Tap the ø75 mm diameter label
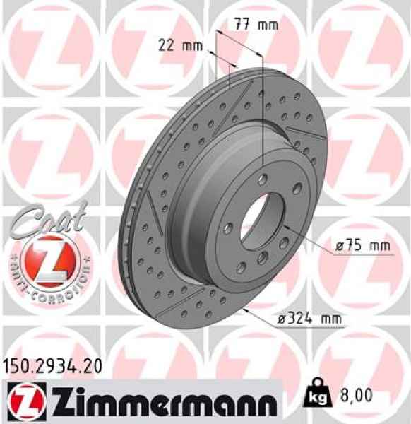[x=363, y=245]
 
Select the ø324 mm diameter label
[x=308, y=319]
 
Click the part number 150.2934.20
[x=52, y=366]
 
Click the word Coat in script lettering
[x=44, y=218]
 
